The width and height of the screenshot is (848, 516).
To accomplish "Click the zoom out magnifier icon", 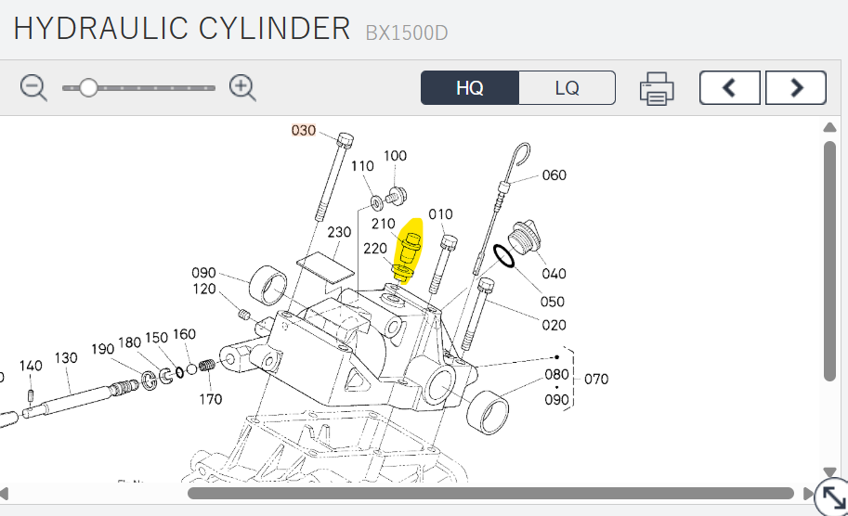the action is pyautogui.click(x=33, y=87).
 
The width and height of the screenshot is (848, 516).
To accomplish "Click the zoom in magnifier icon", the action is pyautogui.click(x=242, y=87).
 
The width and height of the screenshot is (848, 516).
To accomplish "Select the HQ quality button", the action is pyautogui.click(x=469, y=87).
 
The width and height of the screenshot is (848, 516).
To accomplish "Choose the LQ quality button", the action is pyautogui.click(x=567, y=87).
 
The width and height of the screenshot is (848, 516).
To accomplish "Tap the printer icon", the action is pyautogui.click(x=657, y=88).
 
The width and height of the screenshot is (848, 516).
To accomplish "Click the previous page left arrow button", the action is pyautogui.click(x=729, y=87).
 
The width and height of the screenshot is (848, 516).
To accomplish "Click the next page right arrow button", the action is pyautogui.click(x=796, y=87).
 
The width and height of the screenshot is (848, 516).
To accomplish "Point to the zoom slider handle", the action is pyautogui.click(x=88, y=87).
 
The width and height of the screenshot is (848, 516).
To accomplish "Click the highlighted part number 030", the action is pyautogui.click(x=304, y=130).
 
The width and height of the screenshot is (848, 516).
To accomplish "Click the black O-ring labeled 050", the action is pyautogui.click(x=504, y=255).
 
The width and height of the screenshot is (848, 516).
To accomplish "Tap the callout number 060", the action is pyautogui.click(x=554, y=175).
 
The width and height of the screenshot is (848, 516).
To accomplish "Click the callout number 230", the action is pyautogui.click(x=339, y=232).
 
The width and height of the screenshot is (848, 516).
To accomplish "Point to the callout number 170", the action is pyautogui.click(x=211, y=399).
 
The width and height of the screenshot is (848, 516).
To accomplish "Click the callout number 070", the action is pyautogui.click(x=596, y=380).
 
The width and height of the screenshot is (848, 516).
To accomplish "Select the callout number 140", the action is pyautogui.click(x=31, y=366).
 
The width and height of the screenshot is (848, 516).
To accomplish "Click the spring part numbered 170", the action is pyautogui.click(x=206, y=366).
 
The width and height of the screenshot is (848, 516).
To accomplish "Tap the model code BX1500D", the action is pyautogui.click(x=407, y=33).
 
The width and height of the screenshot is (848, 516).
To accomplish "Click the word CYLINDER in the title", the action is pyautogui.click(x=274, y=29).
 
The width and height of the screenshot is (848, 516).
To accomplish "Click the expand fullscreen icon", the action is pyautogui.click(x=833, y=497).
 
